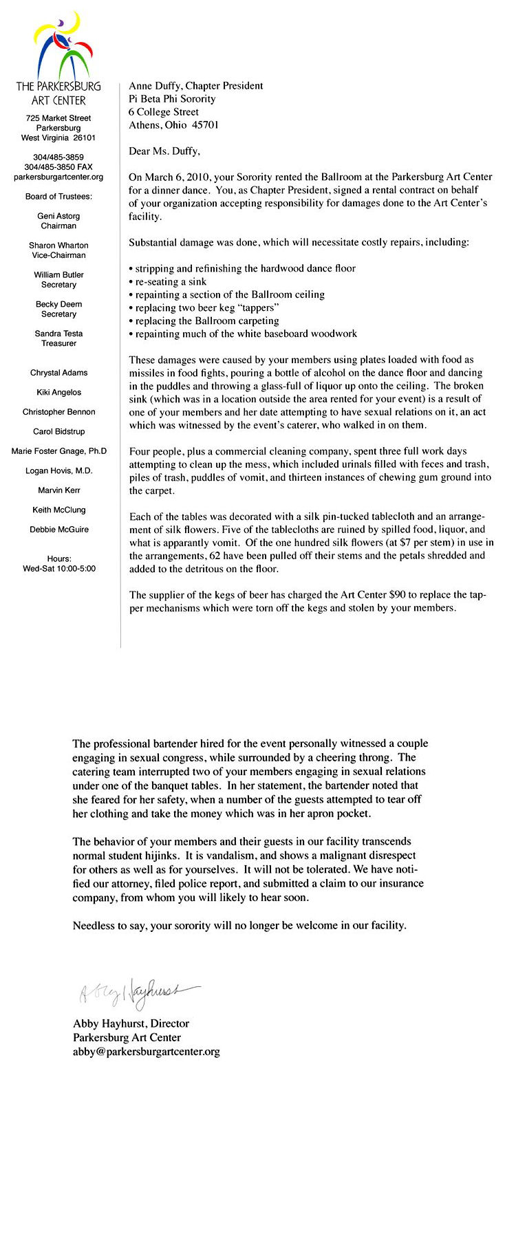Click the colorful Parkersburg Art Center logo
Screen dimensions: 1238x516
click(62, 46)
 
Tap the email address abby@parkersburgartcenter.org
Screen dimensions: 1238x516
click(147, 1052)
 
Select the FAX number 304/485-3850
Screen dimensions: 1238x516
click(58, 167)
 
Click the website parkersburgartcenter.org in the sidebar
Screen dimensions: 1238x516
click(58, 177)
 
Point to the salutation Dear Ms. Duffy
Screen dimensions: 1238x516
click(164, 151)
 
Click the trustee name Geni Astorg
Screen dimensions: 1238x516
click(58, 216)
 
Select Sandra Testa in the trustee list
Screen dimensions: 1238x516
click(58, 334)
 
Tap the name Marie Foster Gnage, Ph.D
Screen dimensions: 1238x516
click(58, 451)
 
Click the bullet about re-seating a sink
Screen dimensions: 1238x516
click(169, 281)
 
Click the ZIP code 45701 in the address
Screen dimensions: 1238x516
click(205, 125)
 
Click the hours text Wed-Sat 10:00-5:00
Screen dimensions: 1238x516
click(59, 569)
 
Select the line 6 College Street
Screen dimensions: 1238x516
click(164, 112)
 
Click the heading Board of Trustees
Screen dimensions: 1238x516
click(58, 197)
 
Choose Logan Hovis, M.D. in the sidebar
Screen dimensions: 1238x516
click(58, 471)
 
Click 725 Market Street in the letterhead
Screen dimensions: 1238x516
click(58, 118)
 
